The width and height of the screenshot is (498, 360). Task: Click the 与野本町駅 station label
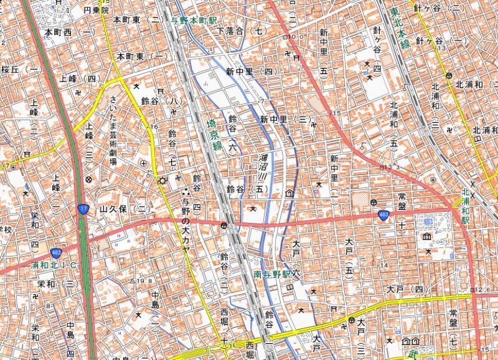point(197,19)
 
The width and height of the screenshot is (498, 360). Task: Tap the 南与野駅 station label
point(272,273)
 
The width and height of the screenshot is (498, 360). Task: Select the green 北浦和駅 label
point(465,206)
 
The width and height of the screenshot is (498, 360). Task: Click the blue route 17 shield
point(83,209)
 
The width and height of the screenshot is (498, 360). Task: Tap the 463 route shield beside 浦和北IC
point(56,253)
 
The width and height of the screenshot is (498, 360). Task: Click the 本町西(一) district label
point(70,31)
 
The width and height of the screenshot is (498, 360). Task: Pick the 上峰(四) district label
point(80,78)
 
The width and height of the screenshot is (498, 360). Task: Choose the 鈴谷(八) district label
point(160,100)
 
